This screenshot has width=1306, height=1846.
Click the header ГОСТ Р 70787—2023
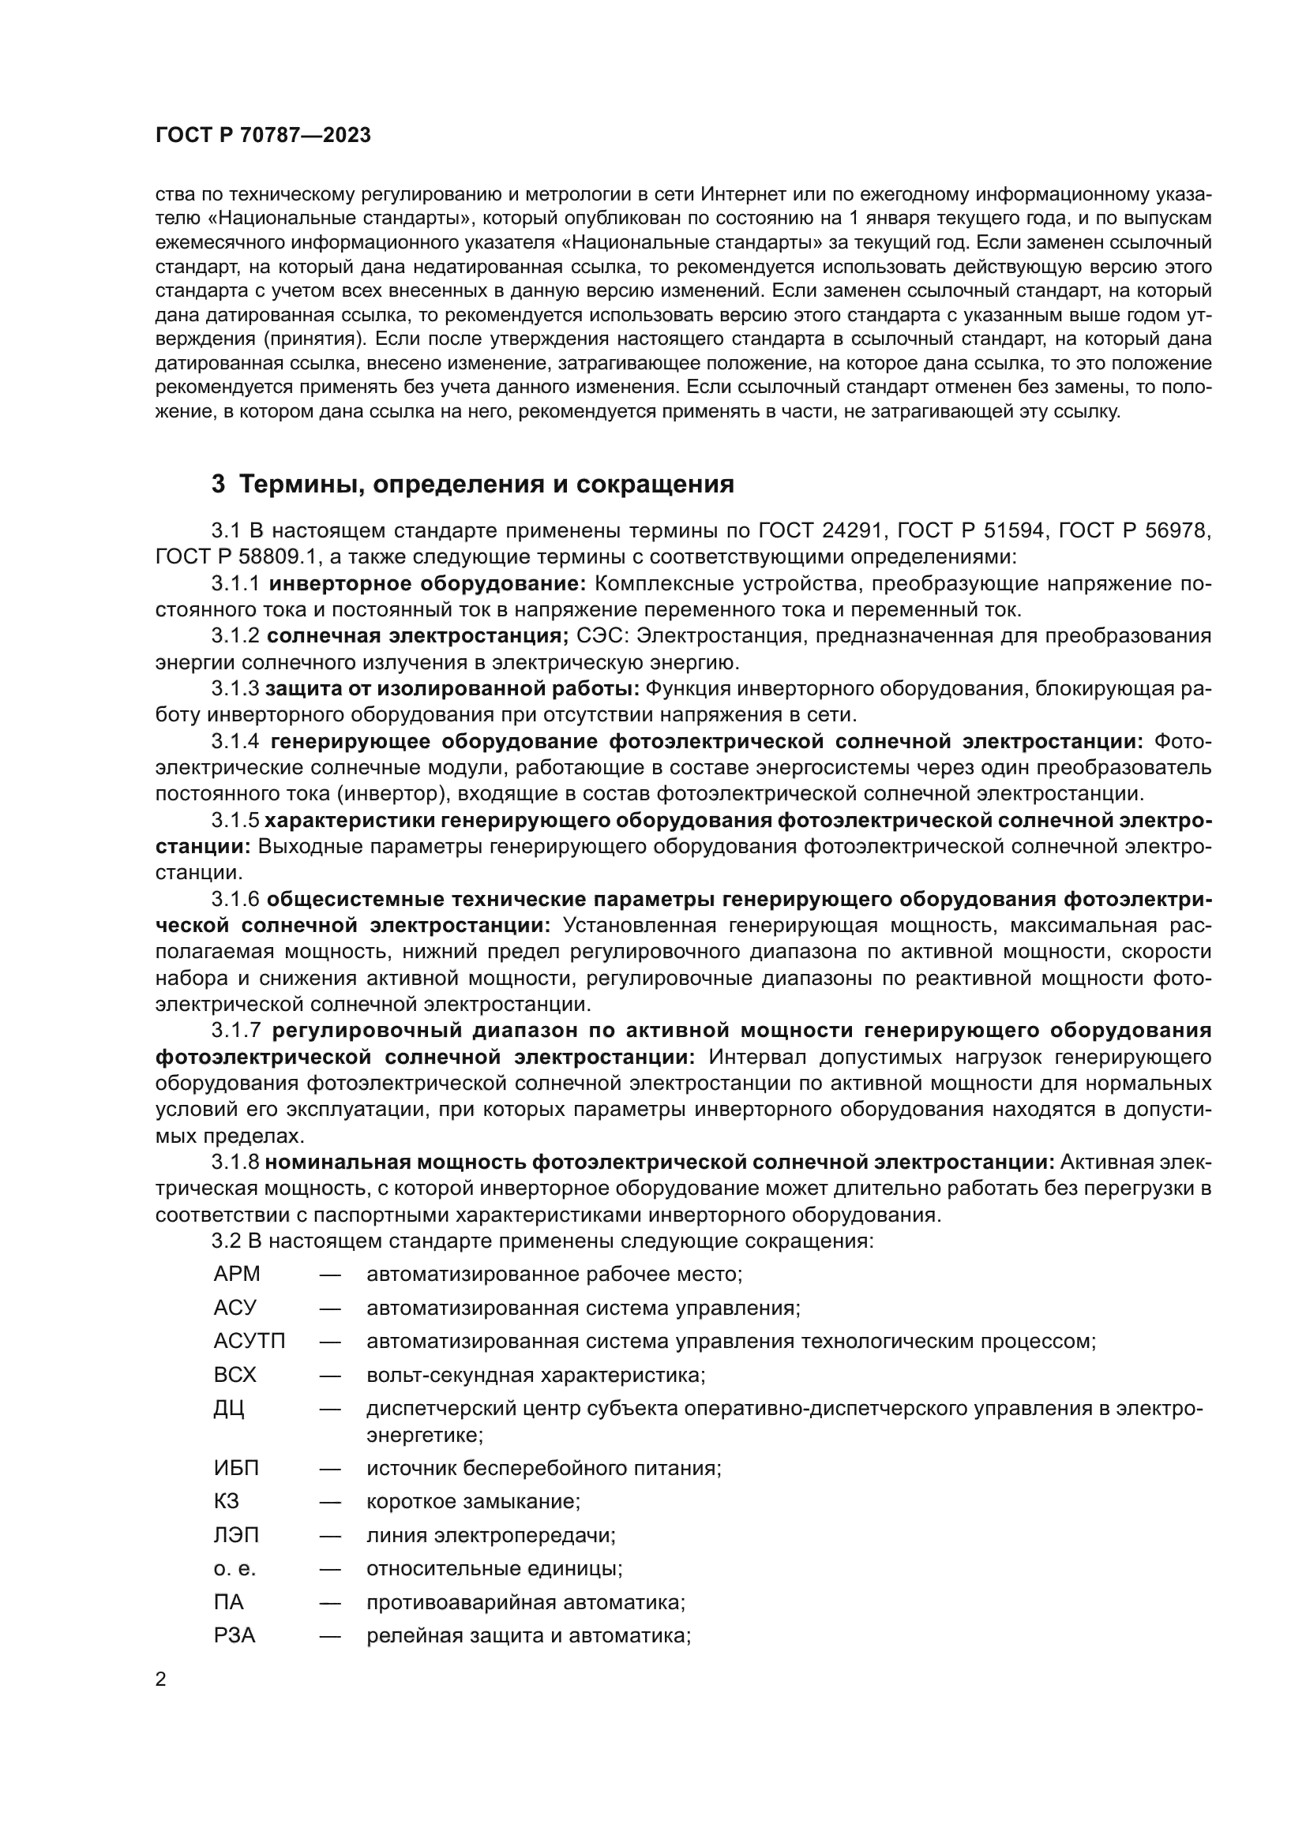(x=263, y=135)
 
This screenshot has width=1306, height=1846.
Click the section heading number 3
(x=218, y=484)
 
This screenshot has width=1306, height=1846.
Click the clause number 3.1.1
(x=235, y=583)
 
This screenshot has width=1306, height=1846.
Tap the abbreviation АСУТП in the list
(x=250, y=1341)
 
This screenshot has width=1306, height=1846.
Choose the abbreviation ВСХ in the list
(x=235, y=1374)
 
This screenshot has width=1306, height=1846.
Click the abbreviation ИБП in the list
(x=236, y=1468)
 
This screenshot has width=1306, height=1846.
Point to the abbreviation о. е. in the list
(x=235, y=1569)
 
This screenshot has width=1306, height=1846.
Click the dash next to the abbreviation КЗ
(x=330, y=1502)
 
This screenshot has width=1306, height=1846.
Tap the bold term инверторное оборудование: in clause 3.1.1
(x=427, y=583)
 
